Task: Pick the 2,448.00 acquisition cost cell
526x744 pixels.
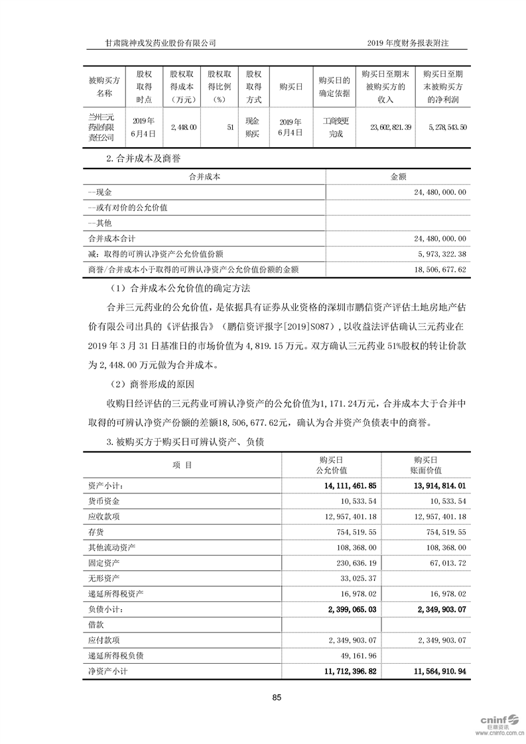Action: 183,125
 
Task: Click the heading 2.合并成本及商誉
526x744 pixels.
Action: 145,159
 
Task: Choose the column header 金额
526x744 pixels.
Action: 398,176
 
